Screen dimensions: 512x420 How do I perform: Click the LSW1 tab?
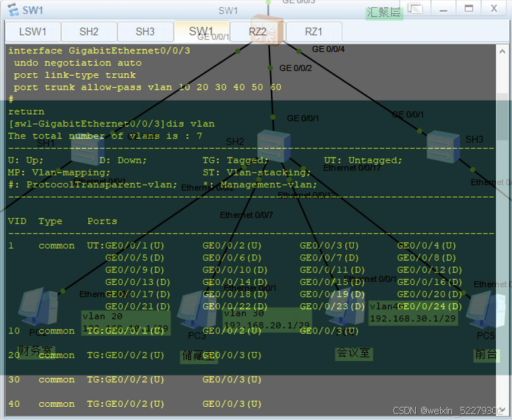click(x=32, y=32)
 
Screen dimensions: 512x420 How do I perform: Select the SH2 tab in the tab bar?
click(x=89, y=32)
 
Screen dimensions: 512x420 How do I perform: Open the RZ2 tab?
click(x=258, y=32)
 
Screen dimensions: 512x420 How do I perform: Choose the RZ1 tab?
click(x=314, y=32)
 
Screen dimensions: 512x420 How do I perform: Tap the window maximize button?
click(x=469, y=9)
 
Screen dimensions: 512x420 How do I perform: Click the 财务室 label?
click(x=35, y=350)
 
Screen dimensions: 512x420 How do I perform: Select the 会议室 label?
click(x=353, y=353)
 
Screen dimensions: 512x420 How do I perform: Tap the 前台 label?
click(x=486, y=354)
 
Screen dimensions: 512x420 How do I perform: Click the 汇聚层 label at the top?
click(x=384, y=13)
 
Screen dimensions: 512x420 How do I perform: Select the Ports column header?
click(x=102, y=222)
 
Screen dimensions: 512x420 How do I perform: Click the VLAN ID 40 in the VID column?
click(x=14, y=404)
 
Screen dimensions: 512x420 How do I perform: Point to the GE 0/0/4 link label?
click(x=328, y=49)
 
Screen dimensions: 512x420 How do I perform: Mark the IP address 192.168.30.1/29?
click(x=412, y=318)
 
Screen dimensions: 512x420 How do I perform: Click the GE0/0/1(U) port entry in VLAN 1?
click(x=134, y=246)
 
